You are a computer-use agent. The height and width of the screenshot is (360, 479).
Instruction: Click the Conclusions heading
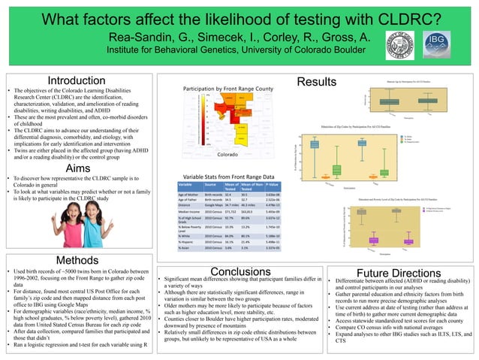point(240,271)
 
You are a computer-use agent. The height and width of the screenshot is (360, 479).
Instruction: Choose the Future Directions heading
point(399,272)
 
